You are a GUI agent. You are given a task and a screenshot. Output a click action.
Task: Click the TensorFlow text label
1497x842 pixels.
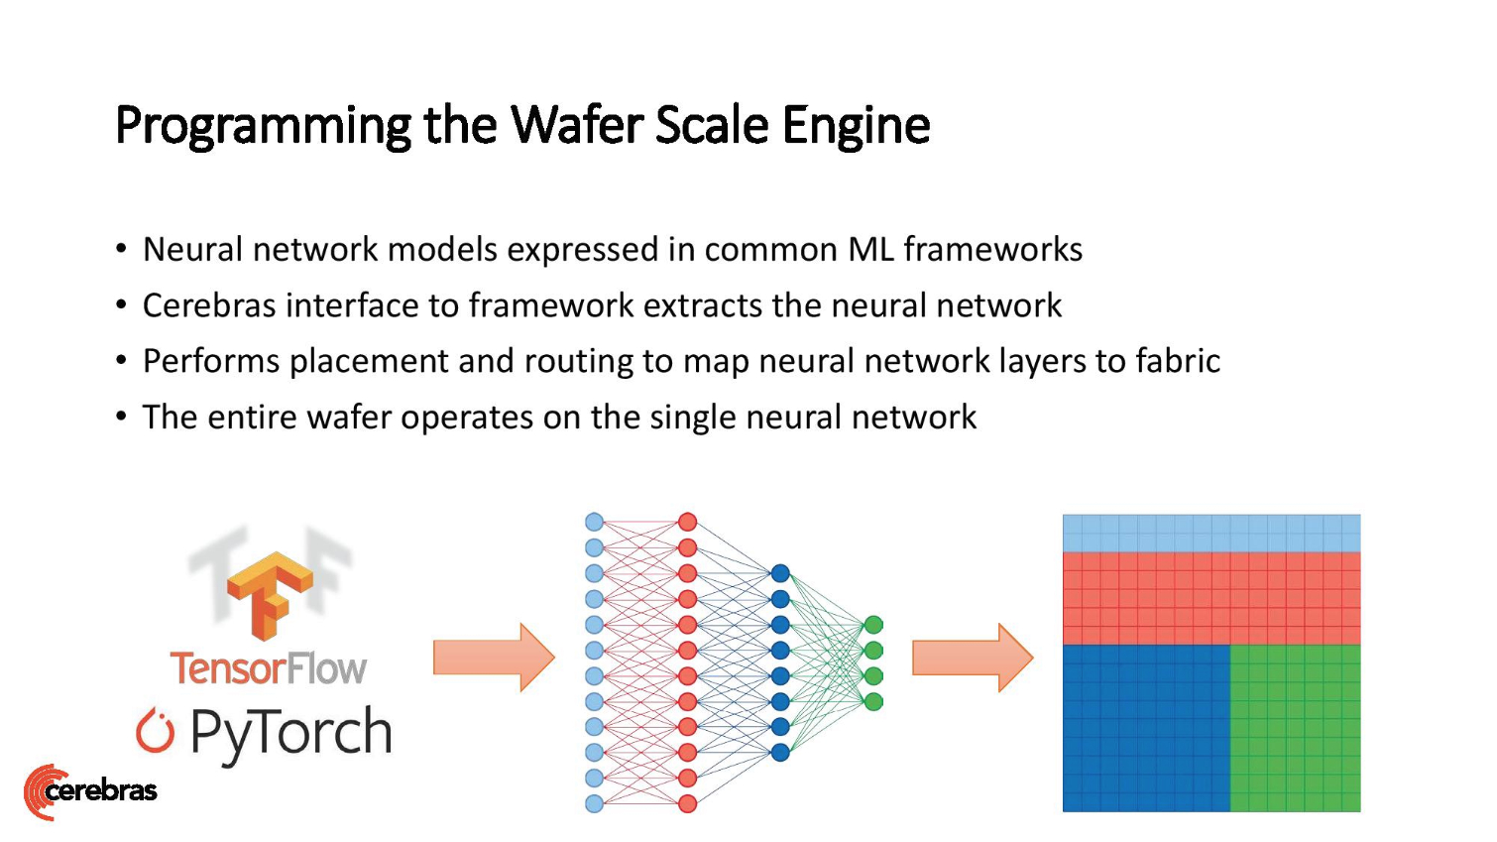(268, 668)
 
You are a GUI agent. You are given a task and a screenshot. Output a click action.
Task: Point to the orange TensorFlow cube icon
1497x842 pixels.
(269, 593)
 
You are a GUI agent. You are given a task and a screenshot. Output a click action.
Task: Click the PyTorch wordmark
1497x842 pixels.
(290, 733)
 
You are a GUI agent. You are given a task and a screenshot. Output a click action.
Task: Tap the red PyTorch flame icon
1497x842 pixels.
(155, 731)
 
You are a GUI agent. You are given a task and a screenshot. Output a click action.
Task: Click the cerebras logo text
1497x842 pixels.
(101, 790)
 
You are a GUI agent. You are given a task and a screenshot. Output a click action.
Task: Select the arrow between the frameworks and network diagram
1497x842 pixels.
(493, 658)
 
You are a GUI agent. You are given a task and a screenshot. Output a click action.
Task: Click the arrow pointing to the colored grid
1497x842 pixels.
(972, 658)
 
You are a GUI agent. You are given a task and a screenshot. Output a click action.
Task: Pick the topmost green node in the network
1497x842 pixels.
(873, 625)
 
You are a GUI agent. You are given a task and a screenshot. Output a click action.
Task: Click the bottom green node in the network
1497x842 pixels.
(873, 702)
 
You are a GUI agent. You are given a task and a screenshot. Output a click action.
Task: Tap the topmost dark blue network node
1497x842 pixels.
(780, 573)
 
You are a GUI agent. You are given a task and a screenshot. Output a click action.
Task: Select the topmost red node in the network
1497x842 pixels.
(688, 522)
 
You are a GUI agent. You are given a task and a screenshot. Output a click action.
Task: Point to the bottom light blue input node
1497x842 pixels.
(594, 803)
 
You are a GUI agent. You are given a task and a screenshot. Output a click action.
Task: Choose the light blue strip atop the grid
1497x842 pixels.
(1210, 534)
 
